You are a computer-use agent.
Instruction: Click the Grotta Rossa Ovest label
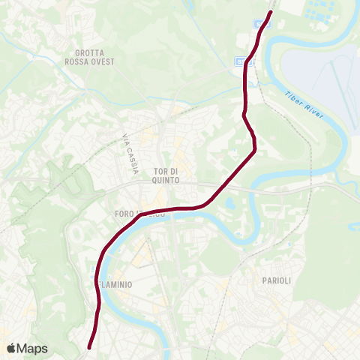click(x=94, y=57)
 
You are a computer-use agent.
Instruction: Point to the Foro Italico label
click(x=135, y=214)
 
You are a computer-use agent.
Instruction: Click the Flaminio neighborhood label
click(x=114, y=285)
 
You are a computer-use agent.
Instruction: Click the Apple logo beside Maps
click(x=10, y=349)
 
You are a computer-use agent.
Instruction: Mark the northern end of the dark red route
click(x=271, y=11)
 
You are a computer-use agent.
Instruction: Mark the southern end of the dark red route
click(x=89, y=347)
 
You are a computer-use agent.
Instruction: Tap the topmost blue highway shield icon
click(x=262, y=23)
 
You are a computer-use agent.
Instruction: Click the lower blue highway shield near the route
click(x=241, y=62)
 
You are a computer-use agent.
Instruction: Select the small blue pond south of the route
click(x=228, y=202)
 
